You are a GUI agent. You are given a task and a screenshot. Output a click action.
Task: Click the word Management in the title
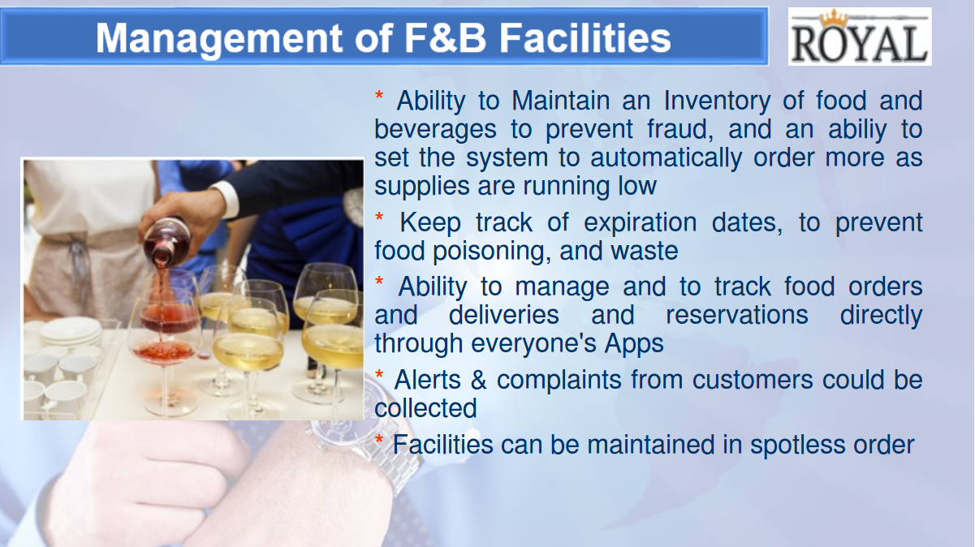pos(219,39)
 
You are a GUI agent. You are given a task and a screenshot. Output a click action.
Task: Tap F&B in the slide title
pos(445,38)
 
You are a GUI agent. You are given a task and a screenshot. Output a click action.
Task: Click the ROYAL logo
pos(860,37)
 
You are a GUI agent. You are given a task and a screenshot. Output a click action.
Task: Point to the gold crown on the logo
pos(834,19)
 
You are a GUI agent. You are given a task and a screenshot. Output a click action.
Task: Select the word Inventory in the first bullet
pos(717,101)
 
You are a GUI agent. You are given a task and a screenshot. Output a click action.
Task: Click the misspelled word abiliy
pos(857,130)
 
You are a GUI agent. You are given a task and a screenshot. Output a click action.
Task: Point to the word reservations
pos(736,315)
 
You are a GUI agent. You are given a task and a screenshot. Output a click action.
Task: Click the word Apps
pos(634,344)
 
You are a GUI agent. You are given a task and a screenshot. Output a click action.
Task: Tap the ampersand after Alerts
pos(478,381)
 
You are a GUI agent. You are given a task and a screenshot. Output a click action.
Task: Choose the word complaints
pos(559,381)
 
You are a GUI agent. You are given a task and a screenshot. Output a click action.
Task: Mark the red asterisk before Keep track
pos(379,218)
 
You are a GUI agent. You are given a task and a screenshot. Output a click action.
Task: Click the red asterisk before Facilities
pos(379,440)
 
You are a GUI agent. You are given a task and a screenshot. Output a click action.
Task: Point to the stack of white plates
pos(71,333)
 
